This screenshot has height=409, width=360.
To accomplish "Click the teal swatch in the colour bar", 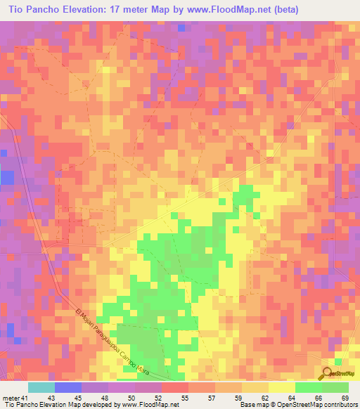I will (41, 387).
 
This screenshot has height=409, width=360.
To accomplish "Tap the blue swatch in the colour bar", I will (68, 387).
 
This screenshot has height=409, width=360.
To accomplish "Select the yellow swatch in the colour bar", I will (281, 387).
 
